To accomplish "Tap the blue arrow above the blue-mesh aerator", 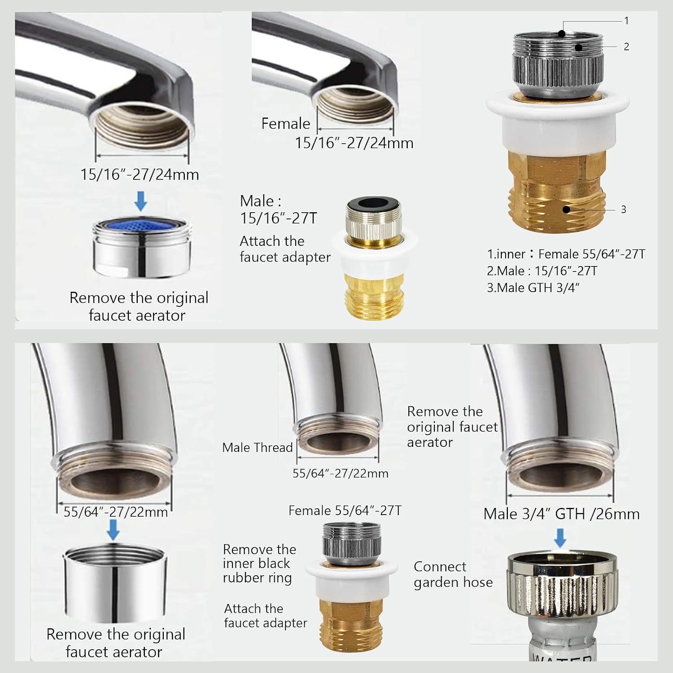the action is coord(141,201).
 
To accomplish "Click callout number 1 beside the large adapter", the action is coord(626,21).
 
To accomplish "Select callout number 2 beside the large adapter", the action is coord(626,47).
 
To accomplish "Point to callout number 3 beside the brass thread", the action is coord(623,209).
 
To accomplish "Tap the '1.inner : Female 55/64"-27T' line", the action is coord(566,254).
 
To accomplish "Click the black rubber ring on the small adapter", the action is coord(374,203).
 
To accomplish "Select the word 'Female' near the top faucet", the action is coord(286,123).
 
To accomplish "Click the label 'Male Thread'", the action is coord(258,447).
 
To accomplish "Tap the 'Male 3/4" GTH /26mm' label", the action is coord(562,514).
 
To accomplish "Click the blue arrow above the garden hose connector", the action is coord(560,538).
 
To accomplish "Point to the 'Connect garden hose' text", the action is coord(453,574).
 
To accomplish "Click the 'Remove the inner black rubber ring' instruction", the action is coord(259,564).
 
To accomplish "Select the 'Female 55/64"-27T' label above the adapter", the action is coord(345,511).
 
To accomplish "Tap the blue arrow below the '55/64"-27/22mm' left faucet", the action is coord(114,530).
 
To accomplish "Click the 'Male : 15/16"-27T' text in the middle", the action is coord(278,210).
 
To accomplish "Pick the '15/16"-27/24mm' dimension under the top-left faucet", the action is coord(140,174).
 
